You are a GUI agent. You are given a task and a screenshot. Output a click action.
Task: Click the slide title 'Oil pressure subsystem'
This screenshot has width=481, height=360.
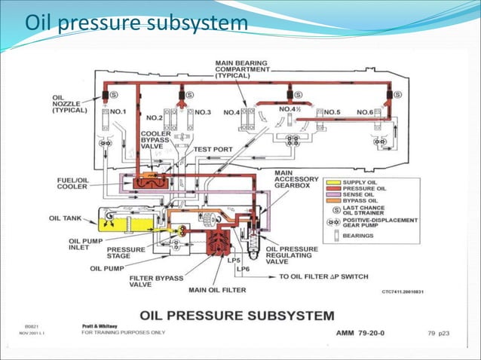[x=136, y=24]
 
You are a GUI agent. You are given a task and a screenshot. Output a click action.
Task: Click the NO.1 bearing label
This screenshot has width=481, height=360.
[x=119, y=111]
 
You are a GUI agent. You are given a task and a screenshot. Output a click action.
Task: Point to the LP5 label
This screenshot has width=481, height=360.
[x=234, y=261]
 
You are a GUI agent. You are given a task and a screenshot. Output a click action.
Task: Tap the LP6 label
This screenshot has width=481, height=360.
[x=243, y=269]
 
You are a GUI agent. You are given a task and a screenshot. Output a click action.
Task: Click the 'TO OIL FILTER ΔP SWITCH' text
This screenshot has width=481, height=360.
[x=323, y=276]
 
